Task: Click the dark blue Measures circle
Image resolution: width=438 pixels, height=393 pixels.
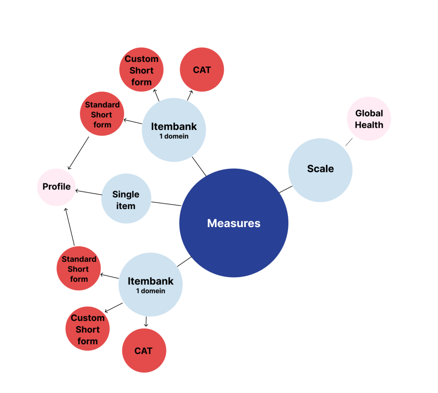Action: [234, 223]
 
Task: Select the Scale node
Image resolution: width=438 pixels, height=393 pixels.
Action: [320, 169]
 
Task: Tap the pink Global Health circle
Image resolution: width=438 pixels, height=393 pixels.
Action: [369, 119]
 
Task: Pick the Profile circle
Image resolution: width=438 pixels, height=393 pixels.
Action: [56, 187]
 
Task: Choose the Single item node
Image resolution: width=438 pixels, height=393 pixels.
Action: [126, 198]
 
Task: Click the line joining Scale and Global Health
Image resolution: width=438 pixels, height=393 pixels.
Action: [349, 142]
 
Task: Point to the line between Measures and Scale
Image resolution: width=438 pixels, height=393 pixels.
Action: [286, 189]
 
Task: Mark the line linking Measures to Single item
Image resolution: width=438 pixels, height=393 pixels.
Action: [166, 204]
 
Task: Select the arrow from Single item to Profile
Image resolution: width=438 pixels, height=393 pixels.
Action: [89, 192]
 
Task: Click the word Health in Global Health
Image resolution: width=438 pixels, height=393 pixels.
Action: [369, 125]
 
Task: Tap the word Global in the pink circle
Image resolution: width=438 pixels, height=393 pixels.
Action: [369, 114]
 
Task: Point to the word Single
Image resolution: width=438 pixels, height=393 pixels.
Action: [126, 194]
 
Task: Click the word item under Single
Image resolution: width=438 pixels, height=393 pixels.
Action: [126, 206]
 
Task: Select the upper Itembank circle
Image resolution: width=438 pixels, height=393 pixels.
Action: [174, 130]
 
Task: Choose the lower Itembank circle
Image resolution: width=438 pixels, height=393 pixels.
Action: [151, 284]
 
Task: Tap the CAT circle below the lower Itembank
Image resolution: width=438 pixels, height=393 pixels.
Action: [144, 351]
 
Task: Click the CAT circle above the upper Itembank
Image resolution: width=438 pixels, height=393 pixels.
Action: [202, 70]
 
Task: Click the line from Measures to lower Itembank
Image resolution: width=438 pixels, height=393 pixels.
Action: [184, 262]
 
